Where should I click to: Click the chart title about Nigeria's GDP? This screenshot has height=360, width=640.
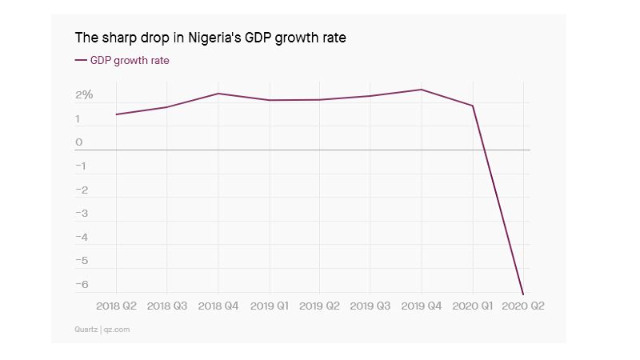pos(210,38)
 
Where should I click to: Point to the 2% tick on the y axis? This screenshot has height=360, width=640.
pos(84,95)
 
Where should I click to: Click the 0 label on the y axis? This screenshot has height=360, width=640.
pos(79,142)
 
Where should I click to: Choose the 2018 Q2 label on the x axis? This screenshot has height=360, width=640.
pos(117,306)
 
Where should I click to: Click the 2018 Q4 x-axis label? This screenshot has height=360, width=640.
pos(218,306)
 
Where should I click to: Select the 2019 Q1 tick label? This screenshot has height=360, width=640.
pos(269,306)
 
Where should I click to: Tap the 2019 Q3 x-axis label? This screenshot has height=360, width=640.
pos(370,306)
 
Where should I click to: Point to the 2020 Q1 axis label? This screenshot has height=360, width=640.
pos(472,306)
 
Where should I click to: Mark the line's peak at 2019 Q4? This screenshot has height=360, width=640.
pos(422,90)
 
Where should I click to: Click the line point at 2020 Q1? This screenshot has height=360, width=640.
pos(472,106)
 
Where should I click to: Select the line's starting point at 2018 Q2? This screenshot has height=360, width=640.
pos(117,114)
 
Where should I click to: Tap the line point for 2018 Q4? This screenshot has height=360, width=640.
pos(218,94)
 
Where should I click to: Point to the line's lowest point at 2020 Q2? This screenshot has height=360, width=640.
pos(522,294)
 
